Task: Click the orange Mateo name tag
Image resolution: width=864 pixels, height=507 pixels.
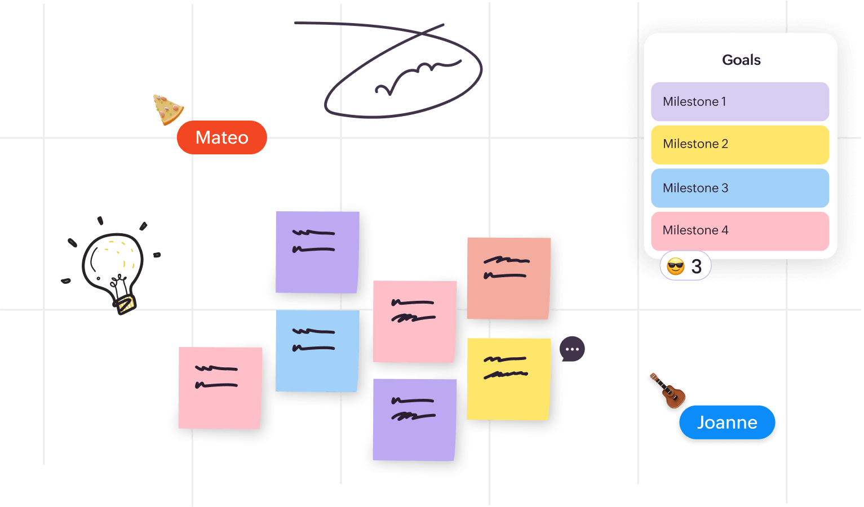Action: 221,137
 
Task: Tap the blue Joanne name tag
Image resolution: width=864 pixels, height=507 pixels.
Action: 727,422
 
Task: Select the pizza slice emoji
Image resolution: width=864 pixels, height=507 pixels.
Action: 167,109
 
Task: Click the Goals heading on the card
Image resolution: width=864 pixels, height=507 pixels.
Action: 741,60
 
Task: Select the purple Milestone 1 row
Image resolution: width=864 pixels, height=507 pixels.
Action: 739,102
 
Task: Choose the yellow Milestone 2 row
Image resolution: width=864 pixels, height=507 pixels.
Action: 739,144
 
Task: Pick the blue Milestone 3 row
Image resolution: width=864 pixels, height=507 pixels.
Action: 739,188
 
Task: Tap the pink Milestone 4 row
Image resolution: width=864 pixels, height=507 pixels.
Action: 739,230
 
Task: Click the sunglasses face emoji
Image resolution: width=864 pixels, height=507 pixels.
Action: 675,266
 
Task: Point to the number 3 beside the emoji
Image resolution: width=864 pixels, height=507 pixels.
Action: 697,266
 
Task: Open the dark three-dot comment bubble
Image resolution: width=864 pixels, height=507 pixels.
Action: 572,349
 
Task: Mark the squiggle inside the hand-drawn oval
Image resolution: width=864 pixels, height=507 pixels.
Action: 417,77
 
